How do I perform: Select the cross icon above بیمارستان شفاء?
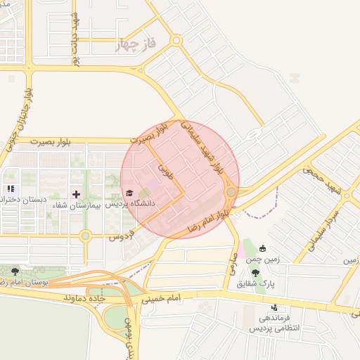pos(76,193)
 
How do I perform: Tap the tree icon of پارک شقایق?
pos(255,272)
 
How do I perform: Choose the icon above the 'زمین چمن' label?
pos(263,248)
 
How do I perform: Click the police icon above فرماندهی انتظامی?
pos(274,308)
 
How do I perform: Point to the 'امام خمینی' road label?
pos(165,299)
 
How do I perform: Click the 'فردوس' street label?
pos(120,238)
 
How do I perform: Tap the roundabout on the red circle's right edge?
pos(231,191)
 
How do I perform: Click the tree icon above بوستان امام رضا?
pos(16,270)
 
